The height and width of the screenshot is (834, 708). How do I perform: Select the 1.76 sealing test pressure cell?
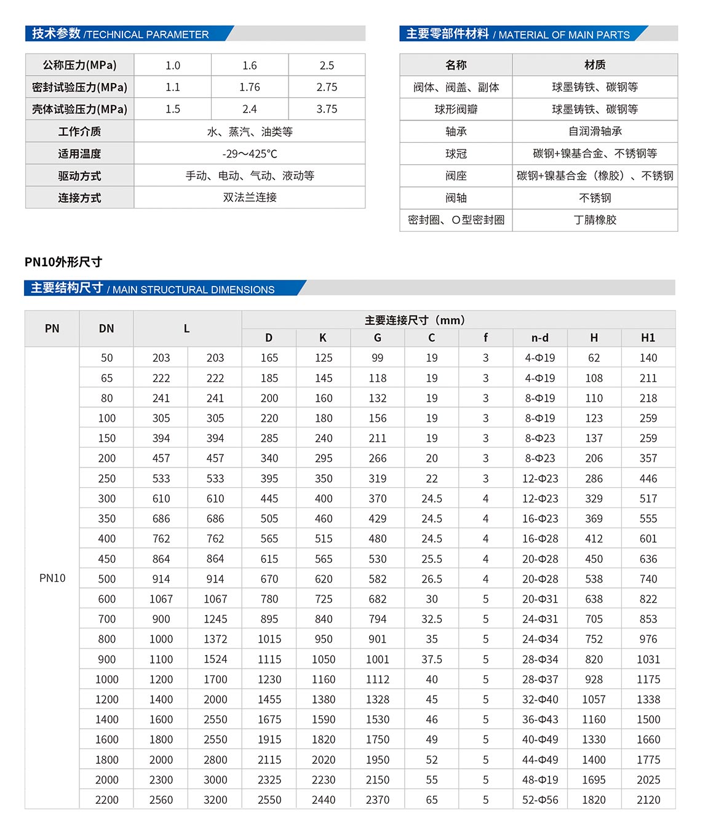[x=250, y=87]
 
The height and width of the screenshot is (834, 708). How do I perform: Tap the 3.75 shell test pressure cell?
[x=327, y=109]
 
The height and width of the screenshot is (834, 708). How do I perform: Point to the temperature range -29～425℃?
[x=250, y=154]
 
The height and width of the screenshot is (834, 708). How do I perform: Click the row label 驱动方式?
[x=79, y=176]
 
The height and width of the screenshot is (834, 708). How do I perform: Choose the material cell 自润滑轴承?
[x=595, y=132]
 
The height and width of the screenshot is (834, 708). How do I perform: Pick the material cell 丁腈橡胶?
[x=595, y=220]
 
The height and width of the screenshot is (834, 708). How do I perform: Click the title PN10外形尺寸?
[x=63, y=262]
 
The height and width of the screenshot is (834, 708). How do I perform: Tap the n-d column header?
[x=540, y=338]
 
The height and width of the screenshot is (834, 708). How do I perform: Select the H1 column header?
[x=648, y=338]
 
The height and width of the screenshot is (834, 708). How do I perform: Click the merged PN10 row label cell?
[x=52, y=578]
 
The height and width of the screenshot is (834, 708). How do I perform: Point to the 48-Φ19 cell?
[x=540, y=780]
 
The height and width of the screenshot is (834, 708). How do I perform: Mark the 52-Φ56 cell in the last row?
[x=540, y=800]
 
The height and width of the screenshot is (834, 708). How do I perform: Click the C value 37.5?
[x=432, y=659]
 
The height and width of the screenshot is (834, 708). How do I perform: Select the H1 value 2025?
[x=648, y=780]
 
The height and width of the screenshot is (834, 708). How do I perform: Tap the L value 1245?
[x=215, y=619]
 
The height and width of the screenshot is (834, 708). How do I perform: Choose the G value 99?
[x=378, y=358]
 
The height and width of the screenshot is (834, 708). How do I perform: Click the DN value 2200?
[x=107, y=800]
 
